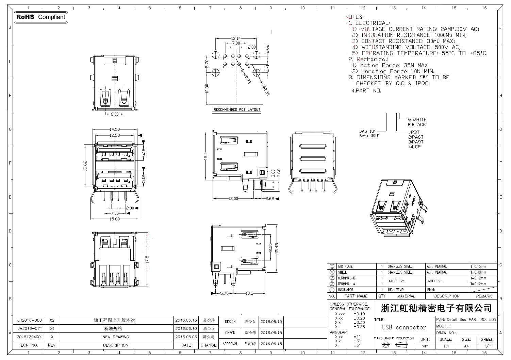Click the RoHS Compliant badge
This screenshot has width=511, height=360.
coord(41,17)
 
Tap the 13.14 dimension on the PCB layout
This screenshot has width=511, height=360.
coord(236,38)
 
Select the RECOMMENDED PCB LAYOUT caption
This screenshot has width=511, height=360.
coord(237,109)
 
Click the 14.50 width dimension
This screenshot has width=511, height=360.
coord(114,130)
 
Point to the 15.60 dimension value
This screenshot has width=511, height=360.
coord(114,219)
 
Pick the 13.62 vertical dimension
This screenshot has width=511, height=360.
coord(86,166)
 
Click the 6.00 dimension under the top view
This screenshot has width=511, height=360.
coord(115,114)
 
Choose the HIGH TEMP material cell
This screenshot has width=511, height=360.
coord(396,290)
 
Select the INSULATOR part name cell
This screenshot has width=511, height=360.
coord(345,290)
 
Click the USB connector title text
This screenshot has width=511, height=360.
coord(404,327)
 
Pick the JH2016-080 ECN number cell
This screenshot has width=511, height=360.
coord(30,320)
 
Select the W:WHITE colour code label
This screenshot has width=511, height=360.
coord(417,120)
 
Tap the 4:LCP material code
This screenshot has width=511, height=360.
coord(414,147)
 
